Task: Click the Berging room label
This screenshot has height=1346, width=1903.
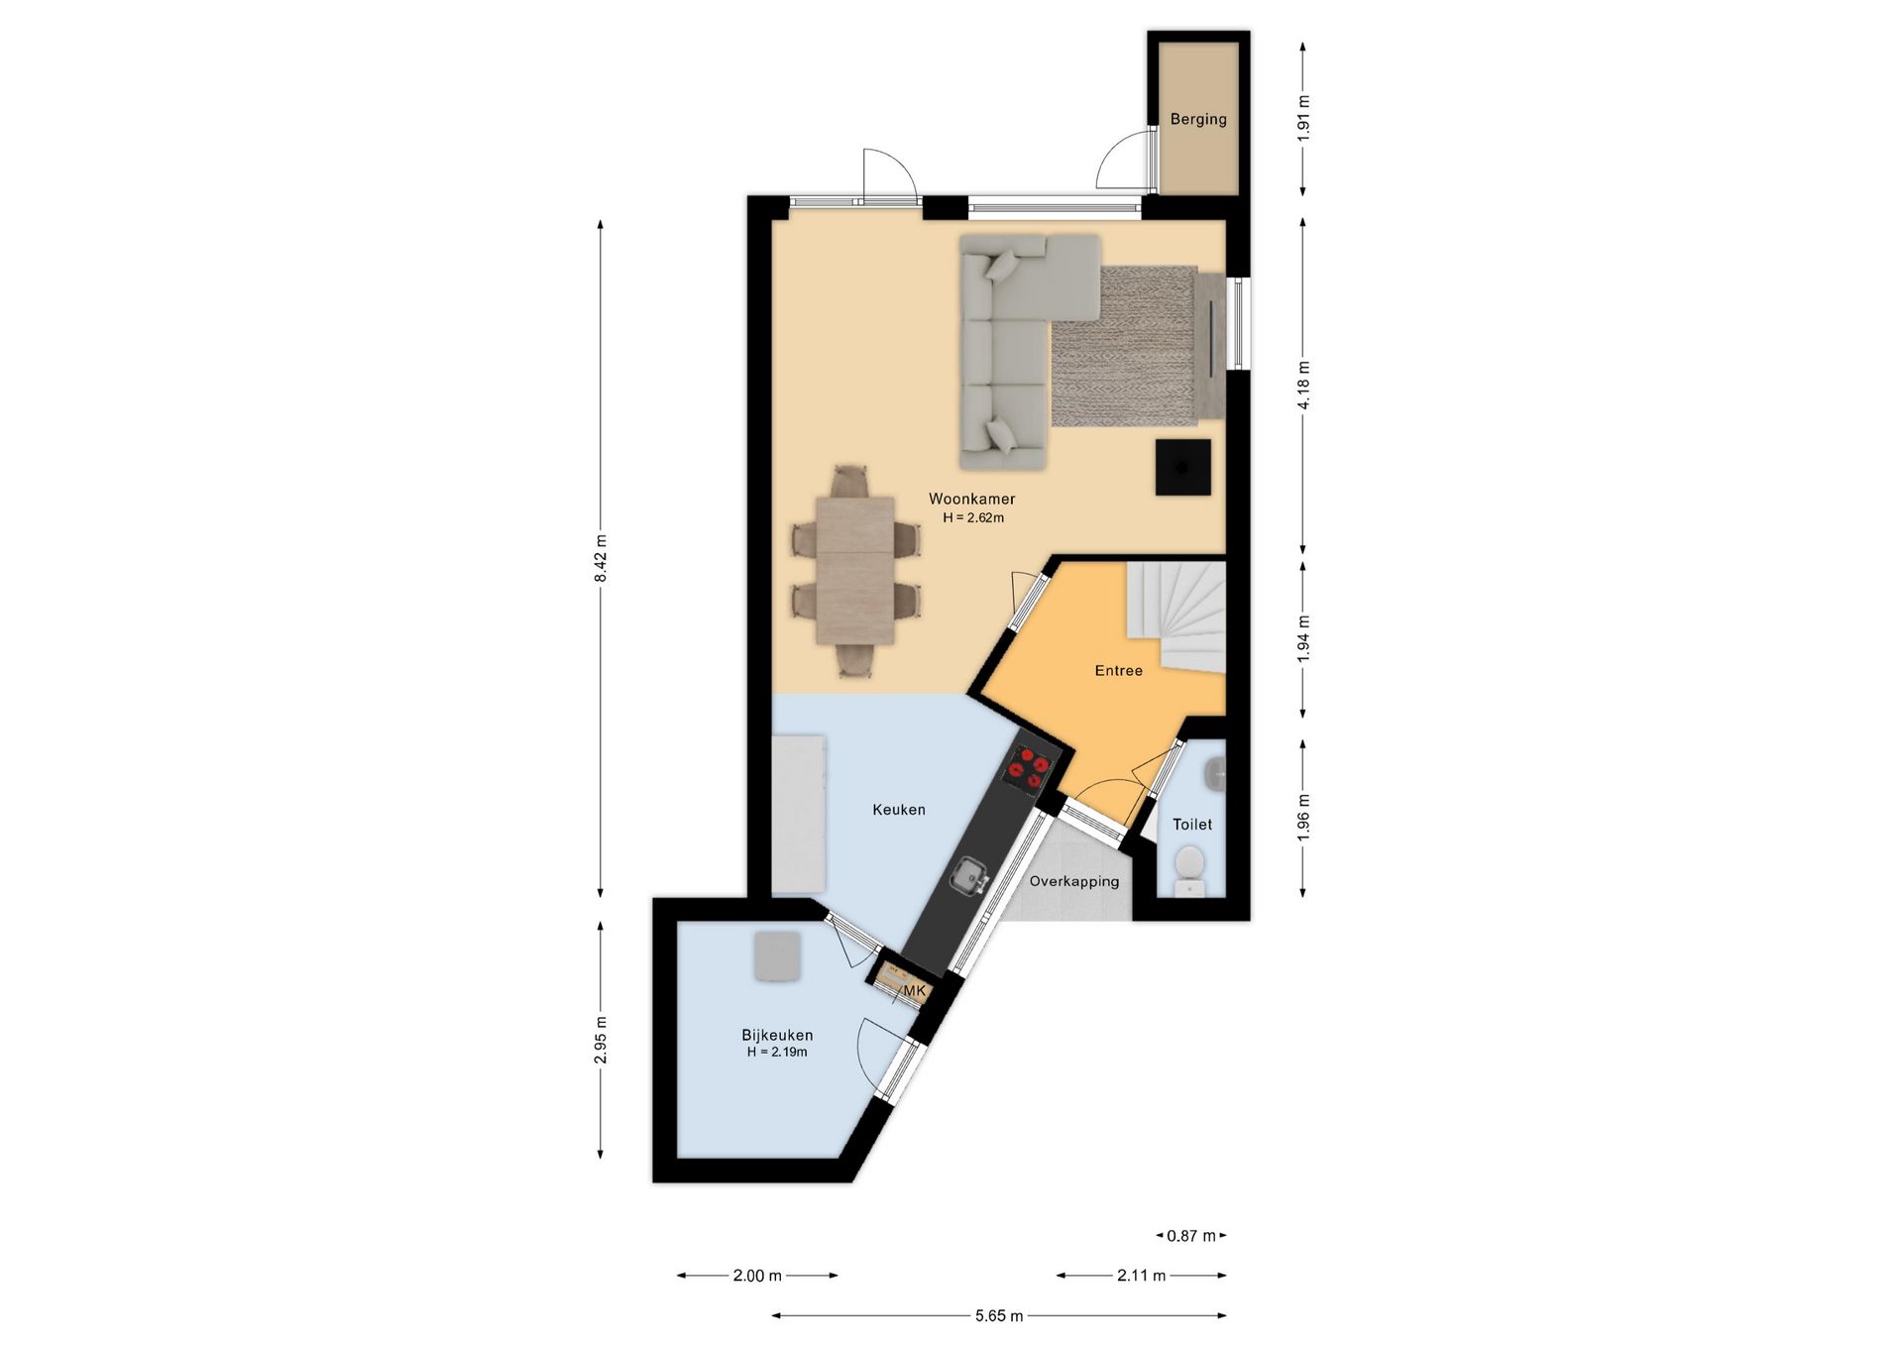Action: coord(1198,119)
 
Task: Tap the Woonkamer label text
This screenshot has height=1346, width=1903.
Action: coord(971,499)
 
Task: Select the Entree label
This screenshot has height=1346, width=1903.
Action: coord(1119,671)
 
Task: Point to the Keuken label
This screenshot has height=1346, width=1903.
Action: coord(899,810)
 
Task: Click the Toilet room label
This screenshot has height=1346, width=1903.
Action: coord(1192,825)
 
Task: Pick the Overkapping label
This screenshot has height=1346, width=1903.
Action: coord(1074,881)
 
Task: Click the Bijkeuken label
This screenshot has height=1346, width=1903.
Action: coord(777,1035)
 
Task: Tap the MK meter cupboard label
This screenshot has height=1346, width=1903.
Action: coord(914,991)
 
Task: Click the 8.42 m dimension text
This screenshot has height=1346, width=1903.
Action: coord(601,559)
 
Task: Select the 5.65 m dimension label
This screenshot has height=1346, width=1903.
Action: coord(999,1316)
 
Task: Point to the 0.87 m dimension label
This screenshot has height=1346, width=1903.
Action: coord(1191,1236)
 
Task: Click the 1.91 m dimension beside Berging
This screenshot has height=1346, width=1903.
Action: coord(1303,119)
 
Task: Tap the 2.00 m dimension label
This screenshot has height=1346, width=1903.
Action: coord(757,1276)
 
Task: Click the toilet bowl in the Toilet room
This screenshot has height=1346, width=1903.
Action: coord(1186,867)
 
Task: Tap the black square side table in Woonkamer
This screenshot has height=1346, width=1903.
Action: coord(1183,467)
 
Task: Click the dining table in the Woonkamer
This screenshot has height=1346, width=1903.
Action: coord(855,571)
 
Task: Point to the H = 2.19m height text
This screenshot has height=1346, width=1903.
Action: coord(777,1053)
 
